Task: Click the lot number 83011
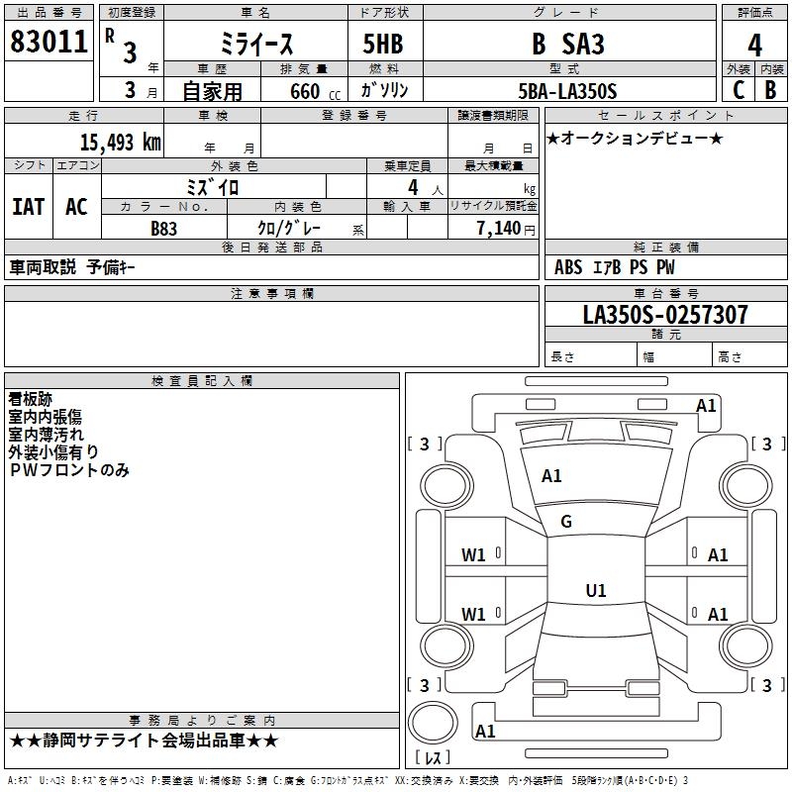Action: click(x=49, y=41)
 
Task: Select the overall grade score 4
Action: click(x=754, y=46)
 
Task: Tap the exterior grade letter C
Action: click(x=739, y=90)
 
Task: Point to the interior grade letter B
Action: click(x=770, y=90)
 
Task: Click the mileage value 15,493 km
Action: click(x=121, y=142)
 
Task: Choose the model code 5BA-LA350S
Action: click(x=567, y=91)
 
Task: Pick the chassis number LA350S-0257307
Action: click(x=665, y=314)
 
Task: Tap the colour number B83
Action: click(x=163, y=229)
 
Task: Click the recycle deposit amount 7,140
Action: click(x=499, y=228)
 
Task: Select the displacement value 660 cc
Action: click(x=316, y=91)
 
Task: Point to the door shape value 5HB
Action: click(x=383, y=44)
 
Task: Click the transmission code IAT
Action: click(x=29, y=207)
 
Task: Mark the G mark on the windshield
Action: click(x=566, y=522)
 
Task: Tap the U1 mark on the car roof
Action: click(x=596, y=590)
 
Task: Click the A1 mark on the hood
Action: click(x=551, y=476)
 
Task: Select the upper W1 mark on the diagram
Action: click(x=473, y=555)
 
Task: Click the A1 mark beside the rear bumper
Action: click(x=485, y=731)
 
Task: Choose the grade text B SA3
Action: click(x=567, y=44)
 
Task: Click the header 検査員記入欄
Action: click(x=202, y=381)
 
